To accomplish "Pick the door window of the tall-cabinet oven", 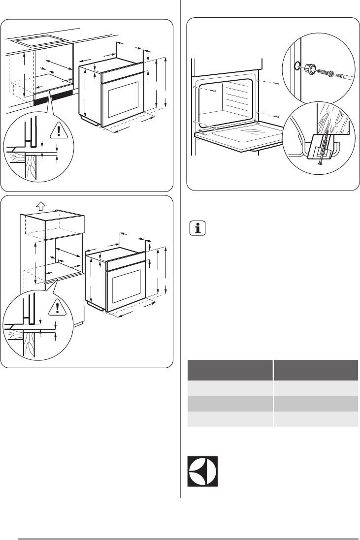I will point(128,287).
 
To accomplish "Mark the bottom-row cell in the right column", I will point(316,419).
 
